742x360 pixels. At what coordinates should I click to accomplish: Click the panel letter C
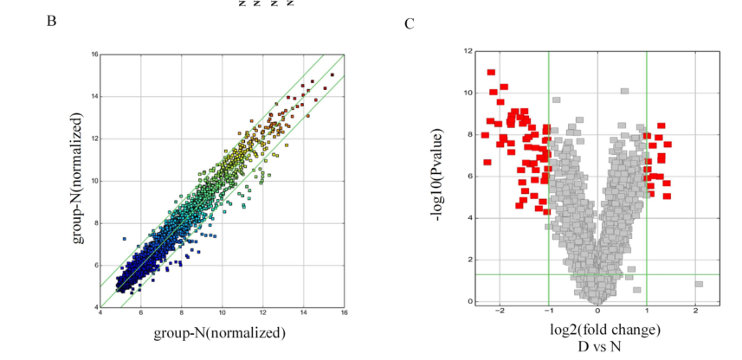tap(410, 22)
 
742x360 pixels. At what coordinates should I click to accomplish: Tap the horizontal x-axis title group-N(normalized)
tap(220, 331)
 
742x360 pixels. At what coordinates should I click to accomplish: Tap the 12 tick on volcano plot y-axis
tap(467, 51)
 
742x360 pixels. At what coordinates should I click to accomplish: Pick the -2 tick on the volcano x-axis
tap(499, 310)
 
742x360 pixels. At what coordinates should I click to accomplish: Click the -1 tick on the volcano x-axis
tap(547, 310)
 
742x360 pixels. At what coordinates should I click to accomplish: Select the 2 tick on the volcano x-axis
tap(695, 310)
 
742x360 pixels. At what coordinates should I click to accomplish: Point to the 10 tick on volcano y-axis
tap(467, 93)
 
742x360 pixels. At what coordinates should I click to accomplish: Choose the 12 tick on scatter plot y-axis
tap(93, 138)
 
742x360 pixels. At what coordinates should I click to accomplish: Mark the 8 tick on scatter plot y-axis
tap(94, 222)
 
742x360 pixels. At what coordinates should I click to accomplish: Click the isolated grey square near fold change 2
tap(699, 284)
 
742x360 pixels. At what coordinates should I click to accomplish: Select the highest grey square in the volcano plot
tap(624, 91)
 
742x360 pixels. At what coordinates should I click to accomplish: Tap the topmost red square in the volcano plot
tap(491, 73)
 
